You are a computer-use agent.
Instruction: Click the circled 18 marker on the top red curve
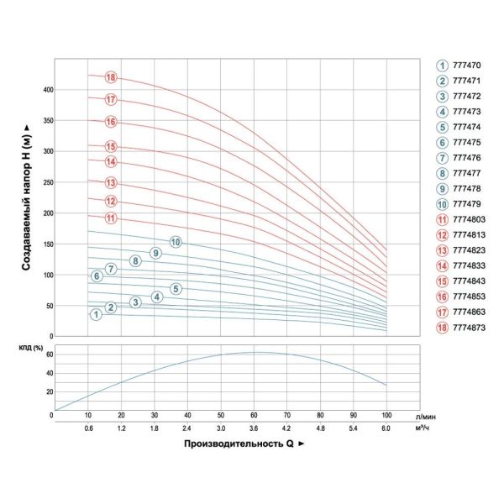pos(110,77)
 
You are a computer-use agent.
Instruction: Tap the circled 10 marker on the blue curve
pos(176,242)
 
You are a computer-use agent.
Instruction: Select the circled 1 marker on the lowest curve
pos(97,313)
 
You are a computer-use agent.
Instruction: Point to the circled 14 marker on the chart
pos(110,161)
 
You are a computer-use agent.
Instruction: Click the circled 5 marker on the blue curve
pos(176,289)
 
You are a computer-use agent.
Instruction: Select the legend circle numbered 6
pos(441,141)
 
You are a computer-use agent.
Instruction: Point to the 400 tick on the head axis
pos(47,89)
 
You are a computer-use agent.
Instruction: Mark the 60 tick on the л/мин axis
pos(254,415)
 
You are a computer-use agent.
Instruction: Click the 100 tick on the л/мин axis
pos(386,415)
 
